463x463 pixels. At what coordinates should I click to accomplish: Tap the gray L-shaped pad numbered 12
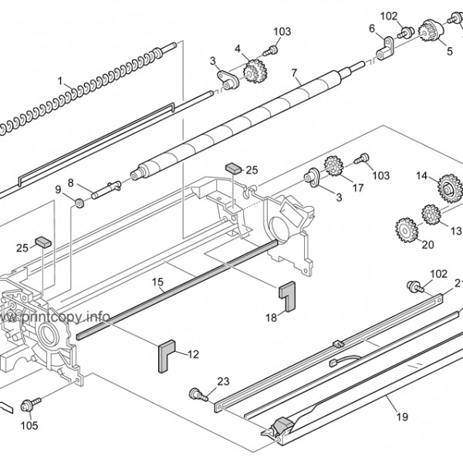(x=167, y=356)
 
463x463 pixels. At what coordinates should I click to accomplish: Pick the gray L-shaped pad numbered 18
(x=287, y=296)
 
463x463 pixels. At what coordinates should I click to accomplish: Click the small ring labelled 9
(x=79, y=204)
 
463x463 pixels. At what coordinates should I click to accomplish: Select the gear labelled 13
(x=431, y=214)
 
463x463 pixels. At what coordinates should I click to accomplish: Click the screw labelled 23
(x=199, y=394)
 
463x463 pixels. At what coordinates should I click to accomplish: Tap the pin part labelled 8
(x=106, y=190)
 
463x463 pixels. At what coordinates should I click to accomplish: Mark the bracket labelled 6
(x=385, y=49)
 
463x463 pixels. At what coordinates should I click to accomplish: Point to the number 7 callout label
(x=294, y=73)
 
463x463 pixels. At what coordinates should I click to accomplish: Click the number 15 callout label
(x=157, y=282)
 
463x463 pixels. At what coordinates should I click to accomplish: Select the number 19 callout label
(x=402, y=417)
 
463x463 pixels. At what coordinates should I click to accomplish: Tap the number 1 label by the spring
(x=60, y=80)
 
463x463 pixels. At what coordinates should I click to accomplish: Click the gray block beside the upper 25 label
(x=234, y=168)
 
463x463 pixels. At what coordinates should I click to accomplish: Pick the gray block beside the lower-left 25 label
(x=43, y=242)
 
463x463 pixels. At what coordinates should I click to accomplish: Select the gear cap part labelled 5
(x=431, y=30)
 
